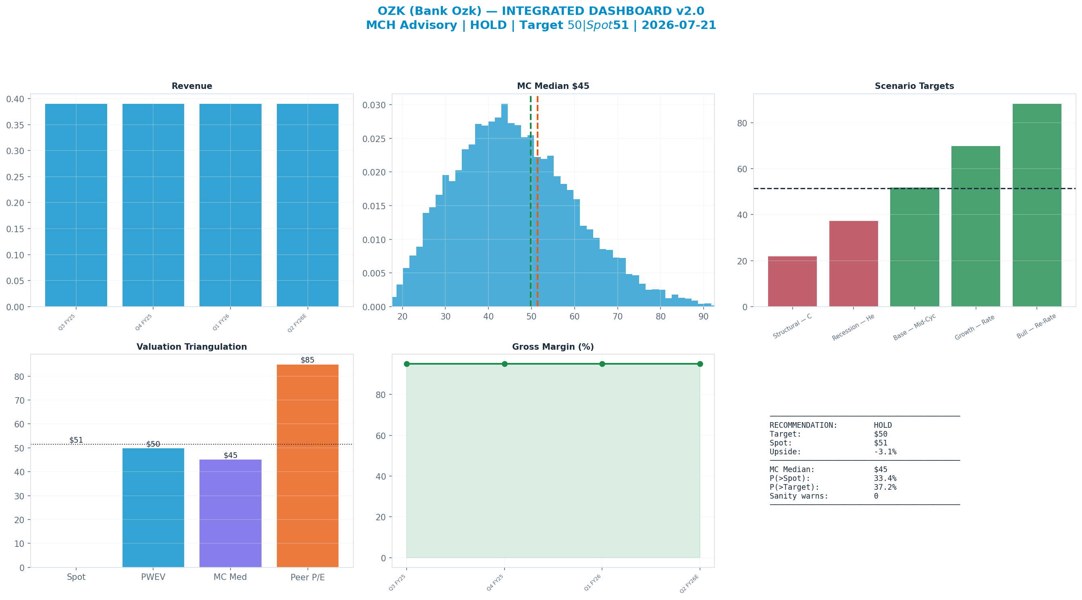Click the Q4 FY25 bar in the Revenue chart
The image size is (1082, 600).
(153, 205)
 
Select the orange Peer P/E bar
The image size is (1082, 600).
(307, 466)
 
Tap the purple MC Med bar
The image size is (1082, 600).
(230, 513)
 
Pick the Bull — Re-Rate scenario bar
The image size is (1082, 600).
(1036, 205)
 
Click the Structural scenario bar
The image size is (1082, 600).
(792, 282)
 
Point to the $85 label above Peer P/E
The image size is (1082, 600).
(307, 360)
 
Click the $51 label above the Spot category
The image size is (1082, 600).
(76, 440)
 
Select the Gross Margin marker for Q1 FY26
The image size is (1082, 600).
(602, 364)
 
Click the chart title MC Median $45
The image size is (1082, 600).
(553, 86)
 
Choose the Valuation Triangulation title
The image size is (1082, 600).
(191, 347)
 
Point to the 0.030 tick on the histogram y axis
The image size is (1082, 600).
(374, 105)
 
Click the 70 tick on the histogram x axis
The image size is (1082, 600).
(617, 316)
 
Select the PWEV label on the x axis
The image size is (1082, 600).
(153, 577)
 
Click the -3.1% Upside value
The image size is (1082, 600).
(885, 452)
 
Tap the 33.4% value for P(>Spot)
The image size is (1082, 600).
(885, 478)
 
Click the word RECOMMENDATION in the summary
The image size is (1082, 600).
(803, 425)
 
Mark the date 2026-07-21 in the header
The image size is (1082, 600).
(678, 25)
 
